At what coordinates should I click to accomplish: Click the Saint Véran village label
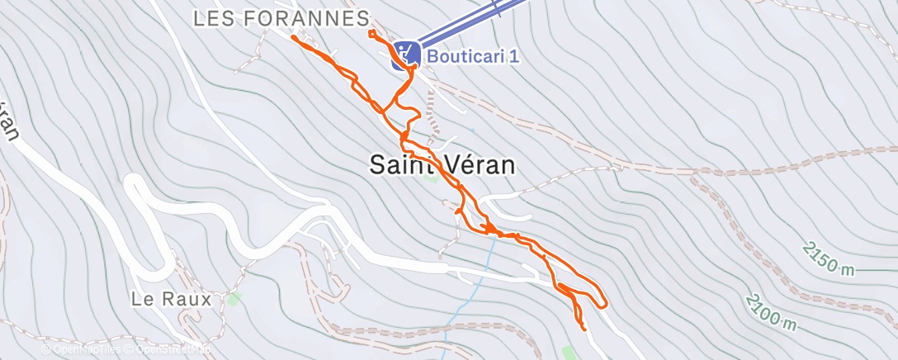click(442, 165)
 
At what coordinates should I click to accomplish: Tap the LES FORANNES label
click(281, 18)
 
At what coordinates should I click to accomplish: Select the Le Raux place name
click(171, 299)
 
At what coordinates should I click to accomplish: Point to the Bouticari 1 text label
click(472, 56)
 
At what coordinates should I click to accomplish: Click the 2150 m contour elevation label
click(829, 259)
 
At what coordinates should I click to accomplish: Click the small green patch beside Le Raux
click(236, 297)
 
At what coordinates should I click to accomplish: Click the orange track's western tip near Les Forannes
click(293, 36)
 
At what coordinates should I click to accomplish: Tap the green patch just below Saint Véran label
click(429, 177)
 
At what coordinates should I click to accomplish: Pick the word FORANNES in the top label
click(314, 18)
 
